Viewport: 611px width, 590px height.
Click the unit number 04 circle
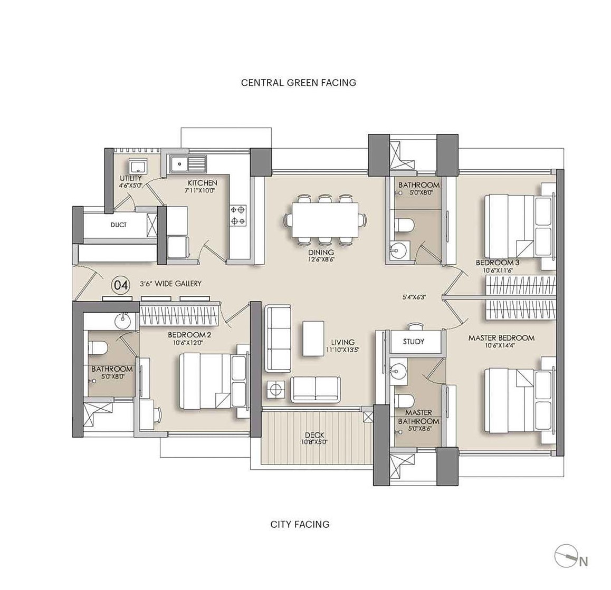click(120, 285)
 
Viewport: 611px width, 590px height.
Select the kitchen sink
click(187, 162)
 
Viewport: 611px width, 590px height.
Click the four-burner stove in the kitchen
click(238, 215)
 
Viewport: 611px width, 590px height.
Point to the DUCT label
click(118, 225)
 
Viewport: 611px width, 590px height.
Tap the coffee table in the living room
click(313, 338)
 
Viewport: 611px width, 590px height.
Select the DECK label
click(314, 434)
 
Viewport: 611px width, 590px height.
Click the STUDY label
click(414, 342)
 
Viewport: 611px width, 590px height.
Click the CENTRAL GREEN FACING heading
click(299, 83)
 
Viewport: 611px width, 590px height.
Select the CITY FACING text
click(300, 524)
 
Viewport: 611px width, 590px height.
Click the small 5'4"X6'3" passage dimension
click(414, 297)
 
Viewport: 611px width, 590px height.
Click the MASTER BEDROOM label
click(501, 338)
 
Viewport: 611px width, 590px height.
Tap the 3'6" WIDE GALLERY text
click(170, 284)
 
